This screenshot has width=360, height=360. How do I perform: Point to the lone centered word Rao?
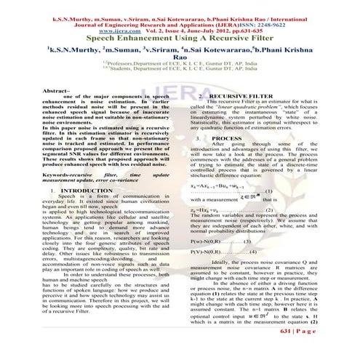tap(180, 63)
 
